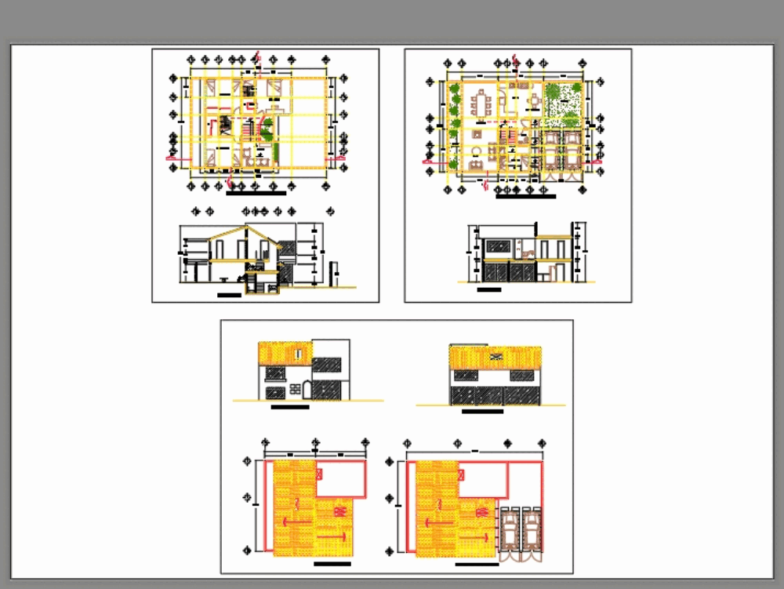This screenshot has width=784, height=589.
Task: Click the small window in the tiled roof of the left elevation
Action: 299,353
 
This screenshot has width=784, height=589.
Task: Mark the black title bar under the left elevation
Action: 289,408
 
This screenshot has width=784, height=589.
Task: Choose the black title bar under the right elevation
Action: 483,411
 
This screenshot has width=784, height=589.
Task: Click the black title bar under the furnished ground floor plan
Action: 525,196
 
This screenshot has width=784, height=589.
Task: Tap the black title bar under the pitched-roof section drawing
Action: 229,295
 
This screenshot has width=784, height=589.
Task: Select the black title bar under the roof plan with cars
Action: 476,564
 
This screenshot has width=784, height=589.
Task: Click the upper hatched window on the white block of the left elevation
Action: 326,364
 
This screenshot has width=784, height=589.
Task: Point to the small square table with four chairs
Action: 534,101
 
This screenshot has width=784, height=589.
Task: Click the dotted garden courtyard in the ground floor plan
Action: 564,104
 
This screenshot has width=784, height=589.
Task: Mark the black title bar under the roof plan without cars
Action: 332,564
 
